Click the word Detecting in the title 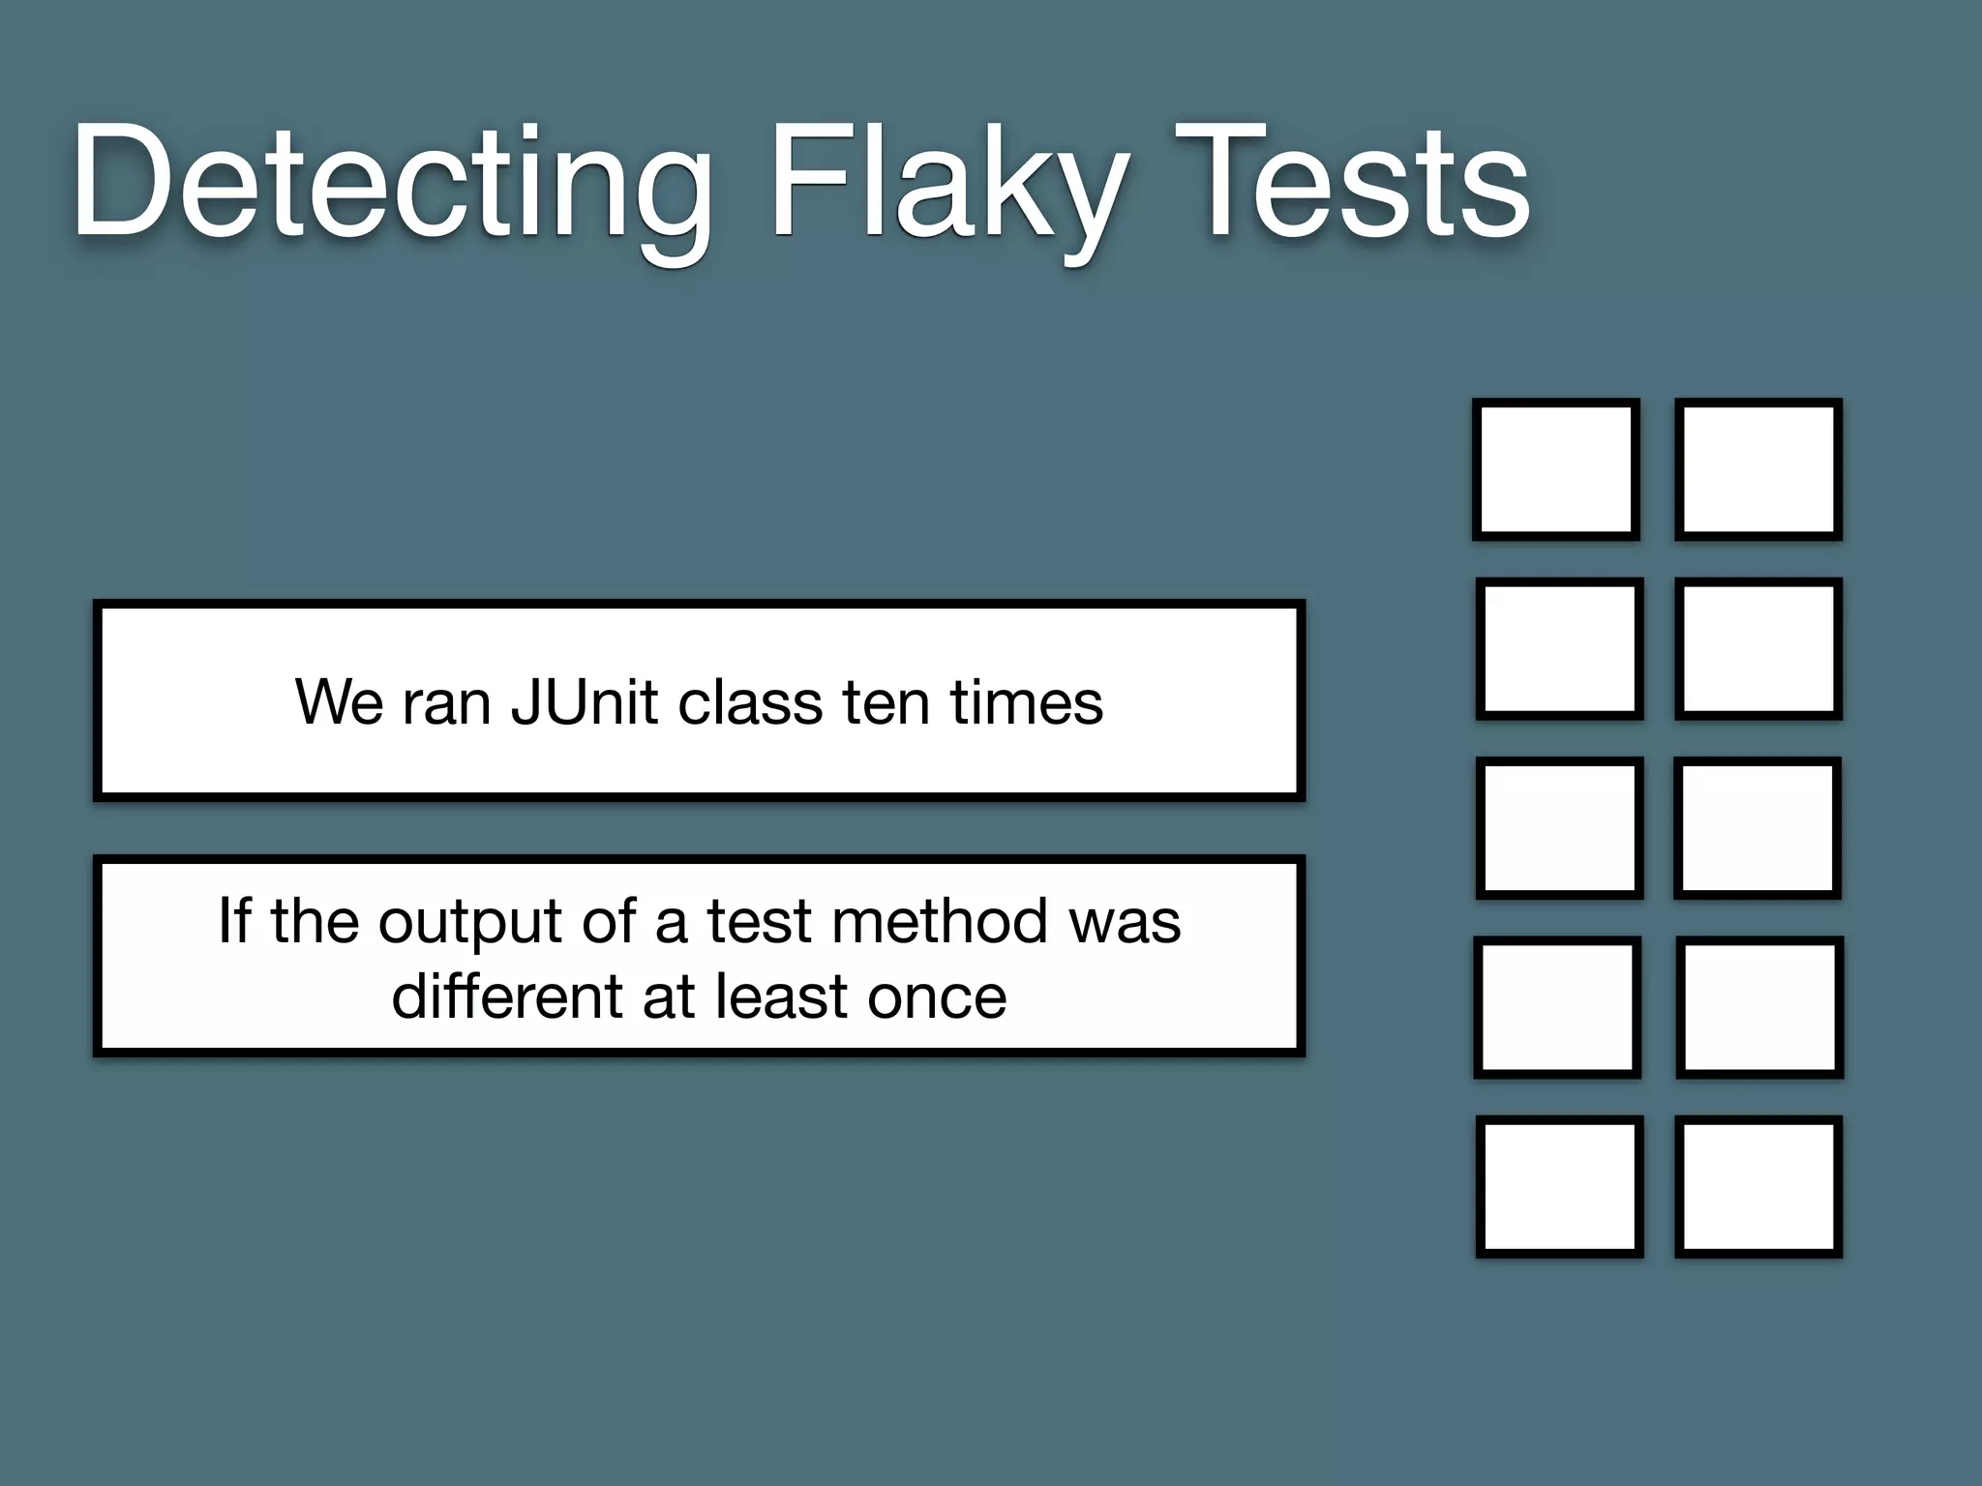392,184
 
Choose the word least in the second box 784,996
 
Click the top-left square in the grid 1556,469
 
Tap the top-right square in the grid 1758,469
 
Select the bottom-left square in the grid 1559,1186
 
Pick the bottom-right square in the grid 1758,1186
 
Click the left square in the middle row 1559,828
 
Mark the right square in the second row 1758,648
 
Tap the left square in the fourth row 1557,1007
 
